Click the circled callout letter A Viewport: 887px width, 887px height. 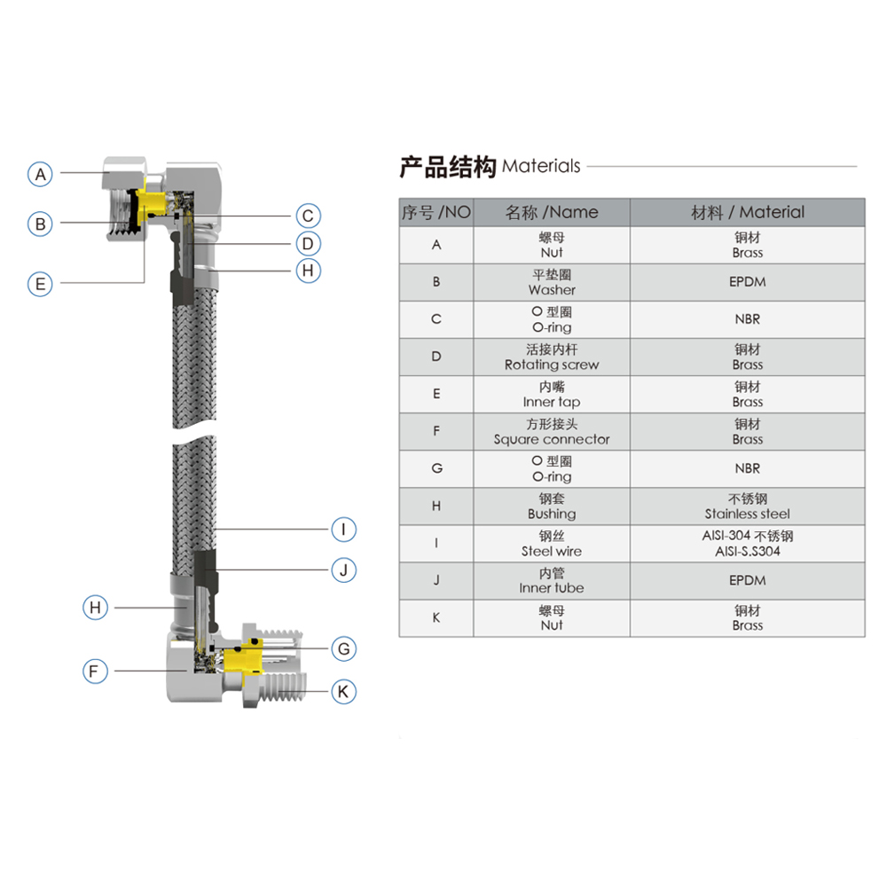coord(40,174)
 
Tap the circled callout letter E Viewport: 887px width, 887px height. coord(40,284)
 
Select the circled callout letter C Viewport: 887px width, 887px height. coord(307,216)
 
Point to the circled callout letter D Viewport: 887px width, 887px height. coord(307,243)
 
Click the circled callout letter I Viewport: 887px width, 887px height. coord(343,530)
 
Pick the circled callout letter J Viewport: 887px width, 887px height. coord(343,569)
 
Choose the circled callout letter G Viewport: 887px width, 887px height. coord(343,648)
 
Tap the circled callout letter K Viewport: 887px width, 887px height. coord(343,691)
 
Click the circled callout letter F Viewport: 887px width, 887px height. coord(95,671)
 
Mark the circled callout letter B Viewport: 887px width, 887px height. coord(40,224)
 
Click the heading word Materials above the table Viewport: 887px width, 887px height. coord(541,166)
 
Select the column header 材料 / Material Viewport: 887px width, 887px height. coord(747,212)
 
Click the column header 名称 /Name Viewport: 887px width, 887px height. coord(551,212)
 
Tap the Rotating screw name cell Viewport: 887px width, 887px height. coord(551,357)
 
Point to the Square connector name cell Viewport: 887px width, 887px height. coord(551,431)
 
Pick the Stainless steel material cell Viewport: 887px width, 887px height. coord(747,506)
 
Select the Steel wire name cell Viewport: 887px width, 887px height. coord(551,543)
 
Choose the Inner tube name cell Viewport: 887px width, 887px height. coord(551,580)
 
